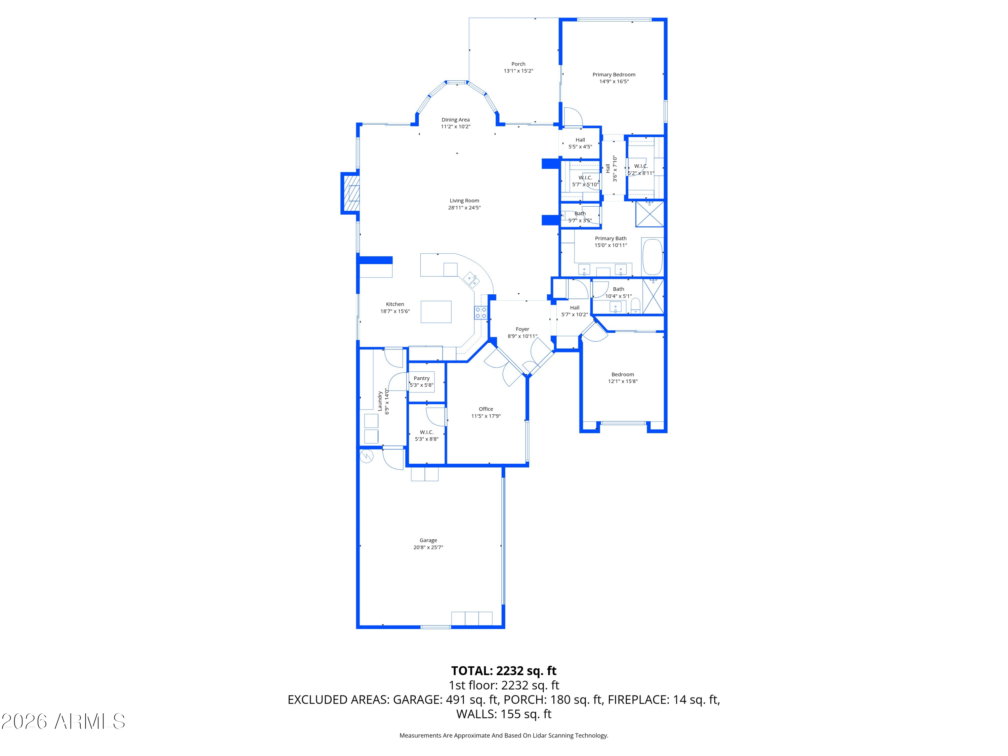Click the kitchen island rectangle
(x=436, y=312)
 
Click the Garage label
(x=428, y=540)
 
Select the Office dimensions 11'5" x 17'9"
(x=486, y=416)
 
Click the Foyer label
(x=522, y=329)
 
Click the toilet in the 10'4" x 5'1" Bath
(x=635, y=306)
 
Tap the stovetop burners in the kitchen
(x=481, y=312)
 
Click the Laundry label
(x=380, y=401)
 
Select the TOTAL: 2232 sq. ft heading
(x=504, y=671)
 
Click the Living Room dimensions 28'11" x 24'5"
(x=464, y=208)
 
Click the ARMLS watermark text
(x=64, y=721)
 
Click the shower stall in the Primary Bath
(x=649, y=214)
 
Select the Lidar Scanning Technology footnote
(x=504, y=736)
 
